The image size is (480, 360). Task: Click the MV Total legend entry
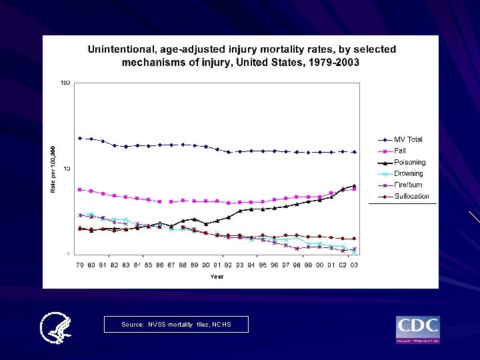pos(407,139)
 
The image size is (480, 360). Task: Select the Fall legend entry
pos(400,151)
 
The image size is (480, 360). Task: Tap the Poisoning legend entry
pos(409,162)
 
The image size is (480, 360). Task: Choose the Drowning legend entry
pos(408,173)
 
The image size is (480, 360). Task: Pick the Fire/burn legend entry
pos(408,185)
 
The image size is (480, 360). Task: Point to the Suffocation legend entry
pos(411,196)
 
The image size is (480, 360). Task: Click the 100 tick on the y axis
pos(65,83)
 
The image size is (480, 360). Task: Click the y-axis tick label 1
pos(68,254)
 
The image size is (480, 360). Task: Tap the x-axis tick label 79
pos(79,265)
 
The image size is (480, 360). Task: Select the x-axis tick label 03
pos(354,265)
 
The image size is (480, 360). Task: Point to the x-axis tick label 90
pos(205,265)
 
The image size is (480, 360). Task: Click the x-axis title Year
pos(217,276)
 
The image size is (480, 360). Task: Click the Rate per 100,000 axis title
pos(54,169)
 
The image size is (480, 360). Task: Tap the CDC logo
pos(418,329)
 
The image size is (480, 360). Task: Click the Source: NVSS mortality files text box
pos(176,325)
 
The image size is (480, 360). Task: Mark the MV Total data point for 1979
pos(80,138)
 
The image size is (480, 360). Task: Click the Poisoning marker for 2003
pos(354,185)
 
